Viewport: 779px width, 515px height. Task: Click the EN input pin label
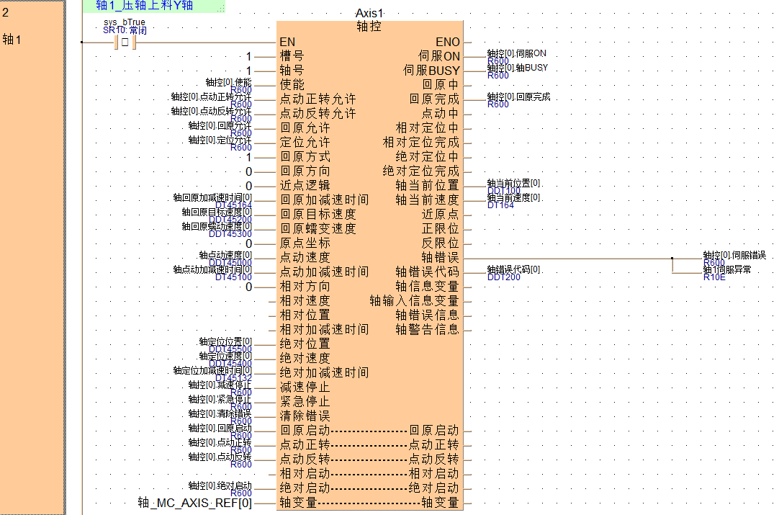click(x=287, y=42)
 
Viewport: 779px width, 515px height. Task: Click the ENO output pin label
click(x=448, y=42)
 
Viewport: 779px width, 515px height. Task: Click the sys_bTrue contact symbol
click(x=125, y=42)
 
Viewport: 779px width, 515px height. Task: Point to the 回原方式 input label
click(x=305, y=156)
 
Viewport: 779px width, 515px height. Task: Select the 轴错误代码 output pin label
click(x=427, y=272)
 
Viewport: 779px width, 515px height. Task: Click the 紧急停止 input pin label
click(x=305, y=401)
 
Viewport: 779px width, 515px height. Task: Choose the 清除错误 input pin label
click(x=305, y=416)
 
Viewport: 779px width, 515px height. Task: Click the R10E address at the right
click(x=713, y=277)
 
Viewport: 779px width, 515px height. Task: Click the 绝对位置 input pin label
click(x=305, y=344)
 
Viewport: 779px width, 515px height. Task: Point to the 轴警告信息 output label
click(x=427, y=329)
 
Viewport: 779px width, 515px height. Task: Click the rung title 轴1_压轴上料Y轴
click(x=144, y=6)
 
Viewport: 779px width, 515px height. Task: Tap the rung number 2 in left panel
click(x=6, y=12)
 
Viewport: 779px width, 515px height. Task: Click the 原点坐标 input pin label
click(x=305, y=243)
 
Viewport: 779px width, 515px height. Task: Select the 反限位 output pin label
click(x=440, y=243)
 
